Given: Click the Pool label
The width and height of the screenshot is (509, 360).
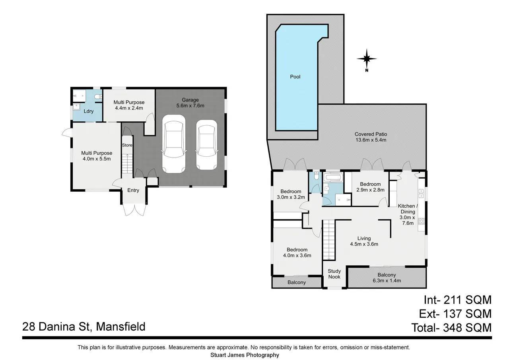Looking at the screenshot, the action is point(295,77).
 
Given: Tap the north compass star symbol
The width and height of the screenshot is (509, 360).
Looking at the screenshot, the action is point(367,59).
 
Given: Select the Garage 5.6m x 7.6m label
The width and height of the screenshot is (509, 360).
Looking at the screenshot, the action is point(190,103).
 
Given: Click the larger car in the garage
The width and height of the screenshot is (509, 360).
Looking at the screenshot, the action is point(174,144).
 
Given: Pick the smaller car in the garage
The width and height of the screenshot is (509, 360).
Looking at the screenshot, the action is point(206,145).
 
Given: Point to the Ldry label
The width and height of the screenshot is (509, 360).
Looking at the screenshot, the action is point(88,111).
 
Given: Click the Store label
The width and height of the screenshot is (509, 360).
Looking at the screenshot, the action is point(127,145).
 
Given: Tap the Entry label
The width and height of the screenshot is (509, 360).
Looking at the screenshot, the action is point(133,191).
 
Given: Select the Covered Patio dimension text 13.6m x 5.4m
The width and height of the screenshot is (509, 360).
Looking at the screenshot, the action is point(371,140).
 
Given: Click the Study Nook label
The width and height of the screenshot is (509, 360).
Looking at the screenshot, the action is point(334,274).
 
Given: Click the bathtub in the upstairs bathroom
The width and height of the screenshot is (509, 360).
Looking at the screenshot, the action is point(333,177).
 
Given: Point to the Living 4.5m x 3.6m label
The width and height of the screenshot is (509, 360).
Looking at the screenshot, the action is point(364,241).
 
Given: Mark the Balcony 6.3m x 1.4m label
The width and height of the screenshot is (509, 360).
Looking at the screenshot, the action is point(387,278).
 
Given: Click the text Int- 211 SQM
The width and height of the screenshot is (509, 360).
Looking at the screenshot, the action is point(458,300).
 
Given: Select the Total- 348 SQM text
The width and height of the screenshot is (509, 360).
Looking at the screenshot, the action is point(451,328).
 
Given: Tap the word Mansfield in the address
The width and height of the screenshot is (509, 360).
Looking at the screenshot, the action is point(120,327).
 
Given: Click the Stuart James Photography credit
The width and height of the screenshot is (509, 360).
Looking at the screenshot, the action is point(245,355).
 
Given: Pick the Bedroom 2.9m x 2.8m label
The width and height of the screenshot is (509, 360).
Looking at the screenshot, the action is point(370,187).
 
